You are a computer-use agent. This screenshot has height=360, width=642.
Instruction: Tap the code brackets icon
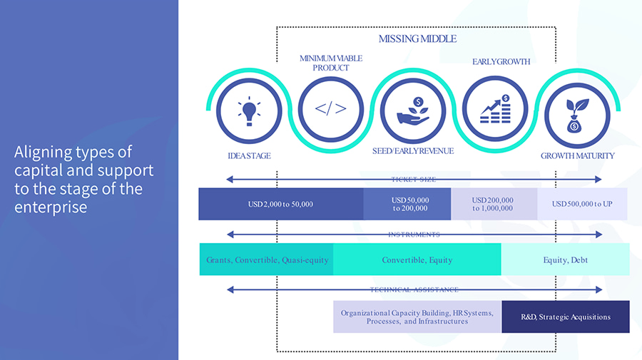[331, 109]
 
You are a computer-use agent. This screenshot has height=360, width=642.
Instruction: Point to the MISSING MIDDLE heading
[417, 38]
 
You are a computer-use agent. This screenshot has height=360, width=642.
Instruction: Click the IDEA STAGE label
[249, 155]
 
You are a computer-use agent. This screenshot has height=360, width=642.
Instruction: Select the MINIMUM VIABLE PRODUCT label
[331, 63]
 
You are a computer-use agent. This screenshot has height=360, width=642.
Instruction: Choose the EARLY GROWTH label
[501, 61]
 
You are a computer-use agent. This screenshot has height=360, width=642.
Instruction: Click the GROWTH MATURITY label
[577, 155]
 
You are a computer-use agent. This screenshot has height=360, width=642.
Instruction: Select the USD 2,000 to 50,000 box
[280, 205]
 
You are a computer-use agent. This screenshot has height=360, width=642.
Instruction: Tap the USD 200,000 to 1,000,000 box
[493, 205]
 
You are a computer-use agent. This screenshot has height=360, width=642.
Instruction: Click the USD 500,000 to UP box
[582, 205]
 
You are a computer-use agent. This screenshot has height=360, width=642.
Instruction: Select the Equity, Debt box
[565, 260]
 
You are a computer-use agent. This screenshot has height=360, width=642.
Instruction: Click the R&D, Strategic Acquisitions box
[566, 317]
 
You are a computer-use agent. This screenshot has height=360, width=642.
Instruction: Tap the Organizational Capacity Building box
[417, 317]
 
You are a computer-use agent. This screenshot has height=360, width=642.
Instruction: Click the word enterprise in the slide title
[51, 207]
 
